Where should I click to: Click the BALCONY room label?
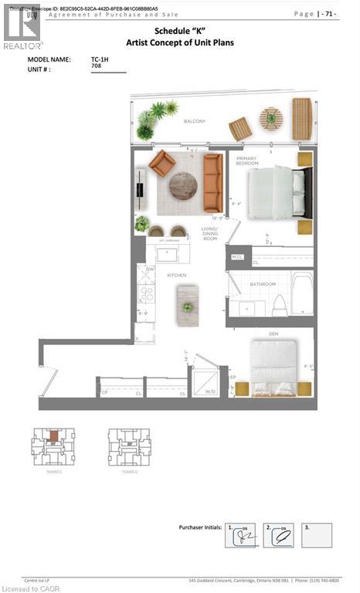(194, 121)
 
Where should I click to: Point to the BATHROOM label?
(262, 284)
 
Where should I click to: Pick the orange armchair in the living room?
(162, 163)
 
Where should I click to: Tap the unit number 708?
(97, 67)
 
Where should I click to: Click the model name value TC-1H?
(99, 59)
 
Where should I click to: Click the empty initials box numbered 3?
(317, 535)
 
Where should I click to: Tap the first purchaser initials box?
(240, 535)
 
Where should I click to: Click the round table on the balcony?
(270, 119)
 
